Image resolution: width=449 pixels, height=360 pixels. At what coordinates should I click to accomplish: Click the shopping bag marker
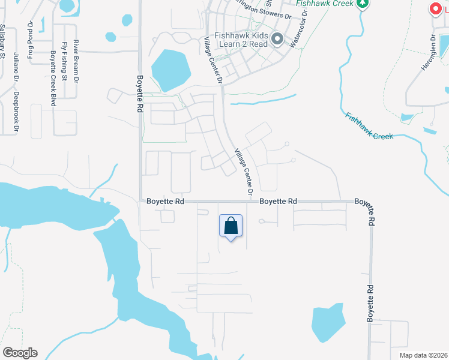(231, 226)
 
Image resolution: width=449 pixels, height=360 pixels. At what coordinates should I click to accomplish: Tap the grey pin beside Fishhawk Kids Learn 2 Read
(277, 40)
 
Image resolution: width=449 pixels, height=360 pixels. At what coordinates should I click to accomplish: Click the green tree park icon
(362, 4)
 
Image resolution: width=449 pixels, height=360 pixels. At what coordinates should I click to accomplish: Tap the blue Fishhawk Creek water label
(369, 126)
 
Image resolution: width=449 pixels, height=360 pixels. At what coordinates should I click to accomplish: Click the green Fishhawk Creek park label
(325, 3)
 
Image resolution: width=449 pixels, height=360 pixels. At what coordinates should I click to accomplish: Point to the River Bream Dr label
(76, 61)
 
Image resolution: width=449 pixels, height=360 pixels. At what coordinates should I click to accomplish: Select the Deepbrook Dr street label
(17, 111)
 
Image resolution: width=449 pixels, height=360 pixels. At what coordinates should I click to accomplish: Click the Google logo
(20, 353)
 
